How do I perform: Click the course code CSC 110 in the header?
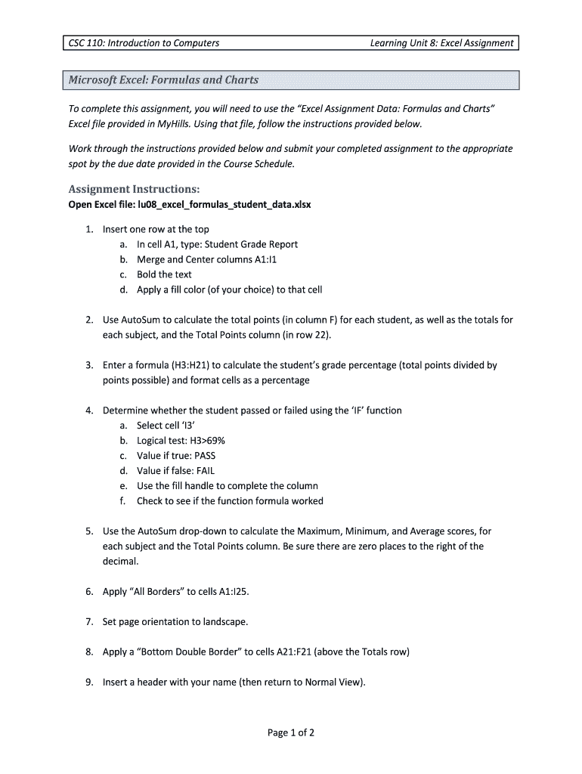[85, 43]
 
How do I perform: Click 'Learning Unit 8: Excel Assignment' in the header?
[441, 43]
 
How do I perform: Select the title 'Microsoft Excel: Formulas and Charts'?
[163, 79]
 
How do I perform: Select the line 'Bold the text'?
[164, 274]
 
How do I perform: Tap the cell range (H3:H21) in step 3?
[193, 365]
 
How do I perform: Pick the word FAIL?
[206, 471]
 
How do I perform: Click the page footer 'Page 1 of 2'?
[291, 732]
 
